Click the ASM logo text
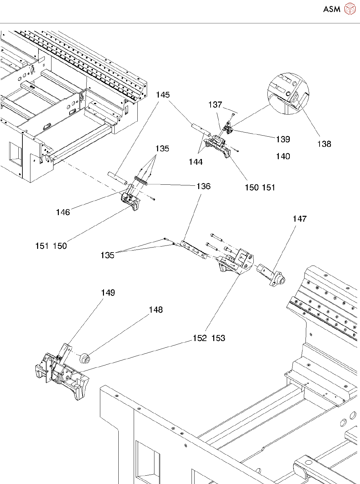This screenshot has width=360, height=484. pos(332,9)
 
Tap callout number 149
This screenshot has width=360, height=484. pos(108,293)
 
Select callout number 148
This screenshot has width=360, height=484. pos(156,310)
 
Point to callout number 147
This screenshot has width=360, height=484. pos(299,218)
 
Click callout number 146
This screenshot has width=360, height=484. pos(63,212)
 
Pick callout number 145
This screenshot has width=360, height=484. pos(163,95)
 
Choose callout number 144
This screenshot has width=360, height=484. pos(196,162)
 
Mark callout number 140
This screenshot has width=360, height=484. pos(283,156)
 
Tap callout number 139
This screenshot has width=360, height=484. pos(283,139)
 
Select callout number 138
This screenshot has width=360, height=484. pos(324,144)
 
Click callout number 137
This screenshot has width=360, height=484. pos(215,105)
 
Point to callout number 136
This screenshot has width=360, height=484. pos(204,186)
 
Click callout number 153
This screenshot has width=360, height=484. pos(218,338)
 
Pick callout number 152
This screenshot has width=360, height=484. pos(200,338)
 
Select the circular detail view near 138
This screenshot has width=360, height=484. pos(288,94)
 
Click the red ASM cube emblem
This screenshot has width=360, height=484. pos(350,9)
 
